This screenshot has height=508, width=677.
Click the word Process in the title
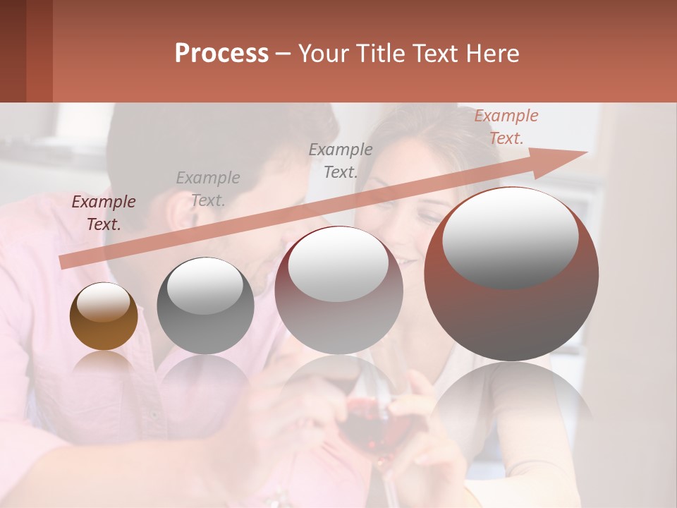pos(221,54)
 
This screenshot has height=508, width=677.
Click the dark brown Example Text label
pos(104,213)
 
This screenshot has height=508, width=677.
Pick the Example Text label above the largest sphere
pos(506,127)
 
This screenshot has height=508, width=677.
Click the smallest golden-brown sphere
pos(104,317)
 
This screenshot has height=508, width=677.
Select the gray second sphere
pos(205,306)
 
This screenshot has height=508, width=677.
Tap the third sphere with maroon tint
pos(338,291)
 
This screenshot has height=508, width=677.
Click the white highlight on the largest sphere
pos(510,236)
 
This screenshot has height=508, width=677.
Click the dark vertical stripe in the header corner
pos(39,51)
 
